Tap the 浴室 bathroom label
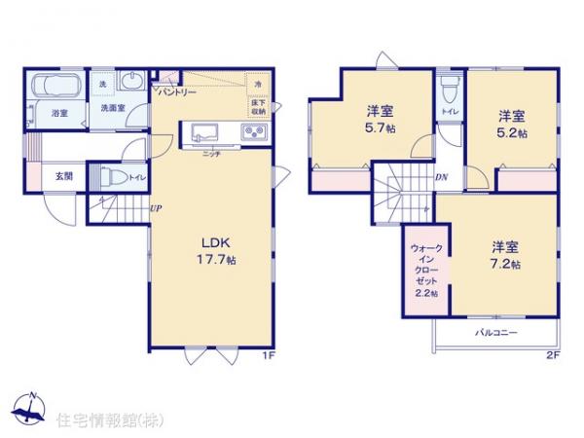(58, 114)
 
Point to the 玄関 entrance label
(63, 176)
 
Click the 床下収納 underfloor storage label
(258, 106)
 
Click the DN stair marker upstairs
(440, 176)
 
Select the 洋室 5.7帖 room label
(380, 118)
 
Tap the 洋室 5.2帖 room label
(509, 123)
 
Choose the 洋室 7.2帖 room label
(503, 255)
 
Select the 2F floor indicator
(552, 355)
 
